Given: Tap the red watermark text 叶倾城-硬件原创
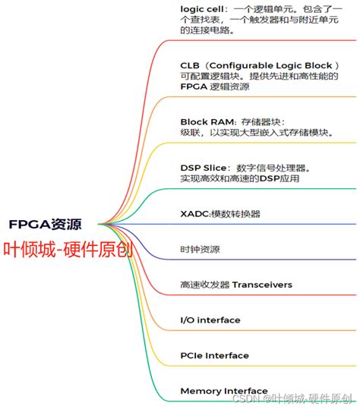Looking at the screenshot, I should pos(68,250).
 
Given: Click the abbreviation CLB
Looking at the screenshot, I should pos(191,65).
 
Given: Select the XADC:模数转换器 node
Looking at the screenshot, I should pos(220,214).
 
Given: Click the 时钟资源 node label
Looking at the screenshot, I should pos(200,249).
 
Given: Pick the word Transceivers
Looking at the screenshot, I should pos(262,285).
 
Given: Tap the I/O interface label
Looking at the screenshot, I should pos(210,320).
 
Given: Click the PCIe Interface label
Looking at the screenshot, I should pos(214,355).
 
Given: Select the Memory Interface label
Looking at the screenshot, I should pos(223,391).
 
